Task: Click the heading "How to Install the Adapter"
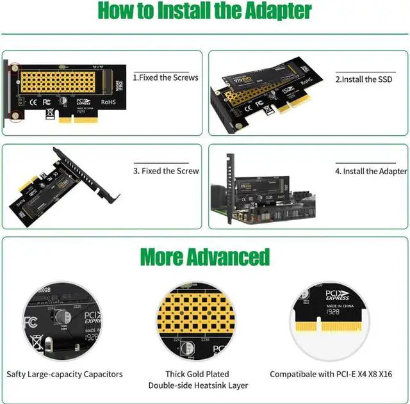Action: [x=205, y=11]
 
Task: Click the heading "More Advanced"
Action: [x=205, y=257]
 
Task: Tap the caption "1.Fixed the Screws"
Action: [x=165, y=77]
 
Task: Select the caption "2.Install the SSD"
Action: [x=364, y=79]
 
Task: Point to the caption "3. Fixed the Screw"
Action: [x=166, y=171]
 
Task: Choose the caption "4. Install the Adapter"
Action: [x=370, y=171]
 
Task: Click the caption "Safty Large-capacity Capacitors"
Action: [x=65, y=374]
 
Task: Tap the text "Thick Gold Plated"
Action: [x=198, y=374]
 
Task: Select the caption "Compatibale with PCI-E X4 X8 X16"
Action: [x=331, y=374]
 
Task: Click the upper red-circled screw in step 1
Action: [x=15, y=67]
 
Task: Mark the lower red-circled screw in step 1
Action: [x=15, y=115]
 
